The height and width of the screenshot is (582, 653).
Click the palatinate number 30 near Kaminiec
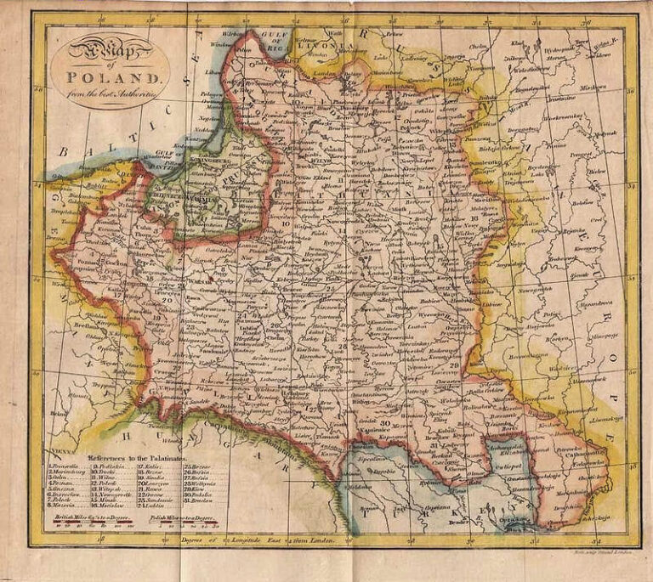[x=384, y=422]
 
